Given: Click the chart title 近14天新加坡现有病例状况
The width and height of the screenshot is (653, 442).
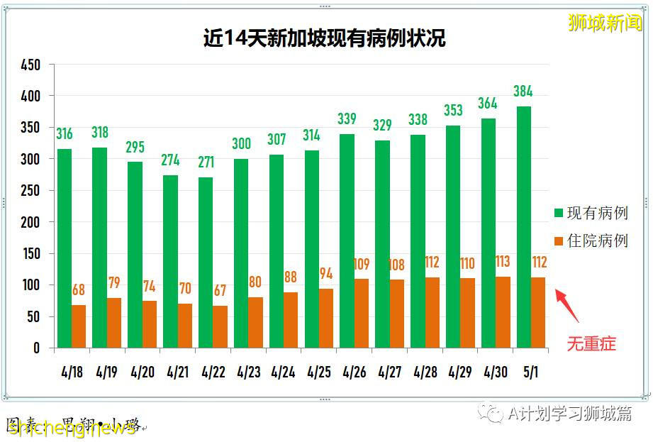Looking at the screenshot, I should pos(324,38).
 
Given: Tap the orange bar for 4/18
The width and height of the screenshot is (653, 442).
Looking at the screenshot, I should pos(79,326).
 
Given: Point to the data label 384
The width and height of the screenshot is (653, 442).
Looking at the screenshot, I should pos(524,91).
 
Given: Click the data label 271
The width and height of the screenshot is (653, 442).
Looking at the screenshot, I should pos(206,162).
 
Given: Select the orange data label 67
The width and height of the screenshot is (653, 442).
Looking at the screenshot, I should pos(221,292).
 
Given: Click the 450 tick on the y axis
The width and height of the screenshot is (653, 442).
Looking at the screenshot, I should pos(30,65).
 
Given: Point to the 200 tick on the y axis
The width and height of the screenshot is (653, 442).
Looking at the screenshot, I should pos(30,222).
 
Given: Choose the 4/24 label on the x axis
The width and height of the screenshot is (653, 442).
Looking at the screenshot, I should pos(283,372).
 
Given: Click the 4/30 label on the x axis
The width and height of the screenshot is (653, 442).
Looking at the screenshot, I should pos(495,372).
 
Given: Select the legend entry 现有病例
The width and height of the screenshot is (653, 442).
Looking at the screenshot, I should pos(591,213).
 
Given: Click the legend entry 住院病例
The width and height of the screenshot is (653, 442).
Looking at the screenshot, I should pos(591,241).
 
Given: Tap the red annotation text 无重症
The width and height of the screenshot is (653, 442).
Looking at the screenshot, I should pos(591,344).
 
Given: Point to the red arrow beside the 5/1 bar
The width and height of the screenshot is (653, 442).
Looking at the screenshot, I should pos(568,305).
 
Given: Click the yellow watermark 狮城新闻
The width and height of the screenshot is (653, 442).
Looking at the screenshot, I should pos(605,23).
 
